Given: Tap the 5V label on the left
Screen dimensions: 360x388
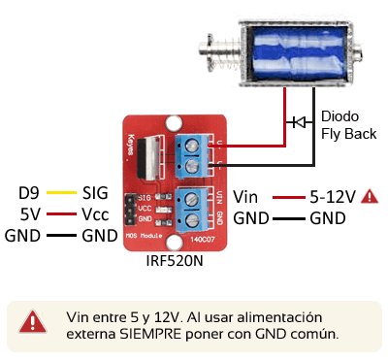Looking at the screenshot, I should tap(31, 213).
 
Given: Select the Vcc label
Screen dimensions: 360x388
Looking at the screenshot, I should tap(95, 213).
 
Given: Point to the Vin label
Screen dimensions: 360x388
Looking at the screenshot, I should tap(246, 196).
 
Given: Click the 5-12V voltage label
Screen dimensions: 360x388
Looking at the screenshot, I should tap(331, 196).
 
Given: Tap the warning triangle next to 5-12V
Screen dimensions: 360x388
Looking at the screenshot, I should tap(370, 196).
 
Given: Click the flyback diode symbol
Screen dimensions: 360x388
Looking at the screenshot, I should tap(298, 122).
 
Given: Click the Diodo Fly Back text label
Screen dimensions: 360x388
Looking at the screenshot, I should tap(347, 123).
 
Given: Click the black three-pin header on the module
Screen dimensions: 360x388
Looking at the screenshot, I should tap(129, 209).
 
